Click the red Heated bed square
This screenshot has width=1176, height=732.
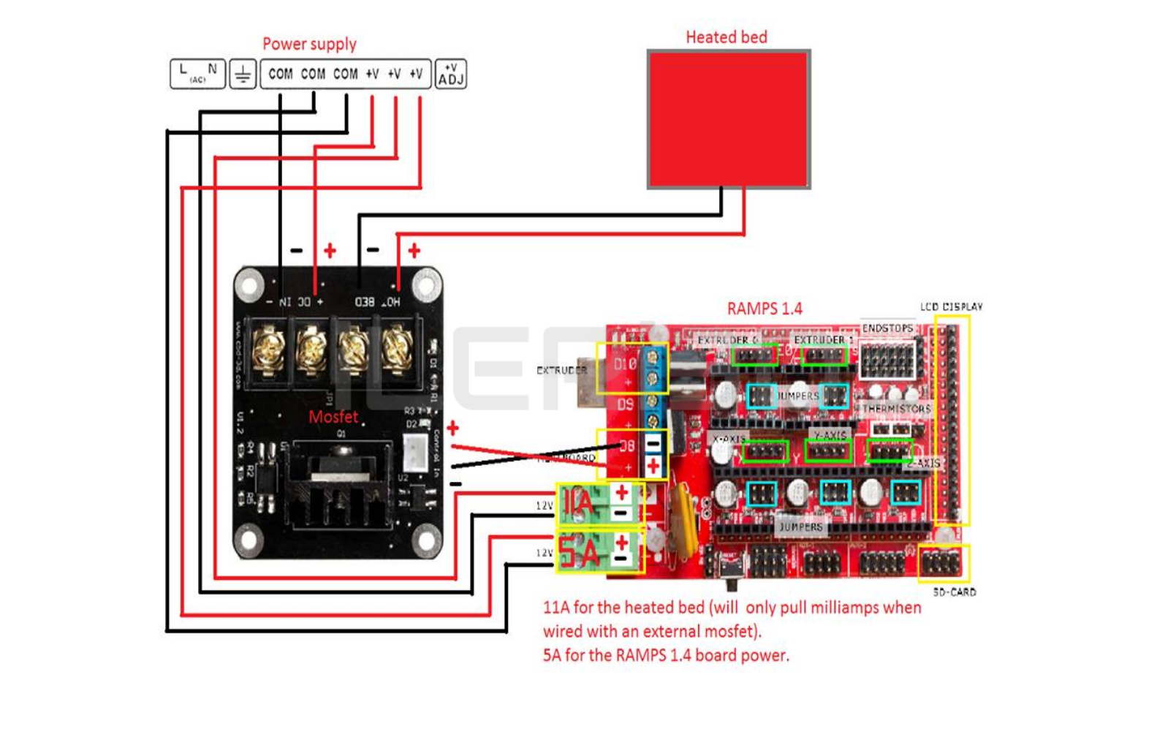(x=729, y=119)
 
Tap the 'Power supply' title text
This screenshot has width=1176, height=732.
(x=309, y=44)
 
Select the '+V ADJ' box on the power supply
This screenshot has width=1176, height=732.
(x=450, y=75)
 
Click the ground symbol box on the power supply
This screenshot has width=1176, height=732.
(x=243, y=75)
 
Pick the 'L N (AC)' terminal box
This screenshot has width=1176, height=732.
(x=197, y=74)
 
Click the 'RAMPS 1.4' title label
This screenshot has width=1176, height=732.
(x=765, y=309)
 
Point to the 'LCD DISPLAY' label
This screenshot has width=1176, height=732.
(x=951, y=306)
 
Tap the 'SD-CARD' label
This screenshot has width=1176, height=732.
(x=954, y=592)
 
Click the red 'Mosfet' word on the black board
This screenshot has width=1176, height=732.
(x=333, y=417)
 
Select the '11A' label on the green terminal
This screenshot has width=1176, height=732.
(x=578, y=503)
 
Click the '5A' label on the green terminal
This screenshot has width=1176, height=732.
(x=579, y=553)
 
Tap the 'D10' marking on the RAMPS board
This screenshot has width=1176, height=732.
(x=625, y=363)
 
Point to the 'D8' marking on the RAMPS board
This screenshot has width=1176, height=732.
(x=627, y=445)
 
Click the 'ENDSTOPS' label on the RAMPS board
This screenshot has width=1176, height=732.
(x=887, y=328)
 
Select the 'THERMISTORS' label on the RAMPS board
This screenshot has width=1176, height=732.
(x=896, y=409)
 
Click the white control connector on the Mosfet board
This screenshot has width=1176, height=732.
(x=415, y=453)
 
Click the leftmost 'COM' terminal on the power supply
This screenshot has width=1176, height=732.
(x=280, y=74)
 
